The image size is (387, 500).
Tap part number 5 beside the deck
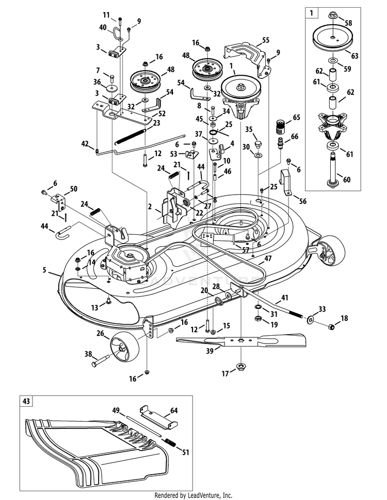coord(45,269)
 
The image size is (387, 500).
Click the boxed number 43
coord(26,400)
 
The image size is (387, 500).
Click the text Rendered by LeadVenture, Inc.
coord(193,495)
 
